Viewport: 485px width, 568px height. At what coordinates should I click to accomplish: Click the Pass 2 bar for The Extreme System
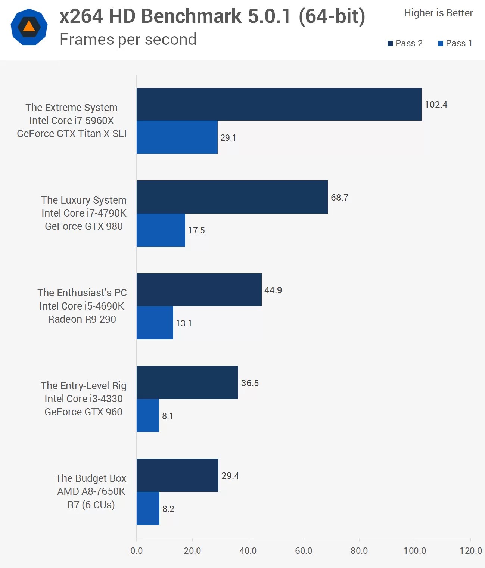[279, 104]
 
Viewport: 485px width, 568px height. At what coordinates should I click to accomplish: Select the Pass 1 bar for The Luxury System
[161, 230]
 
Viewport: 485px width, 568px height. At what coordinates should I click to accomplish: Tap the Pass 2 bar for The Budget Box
[177, 475]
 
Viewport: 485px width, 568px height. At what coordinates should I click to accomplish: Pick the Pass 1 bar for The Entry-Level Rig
[148, 416]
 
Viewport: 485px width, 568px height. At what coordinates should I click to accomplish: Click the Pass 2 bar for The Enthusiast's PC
[199, 290]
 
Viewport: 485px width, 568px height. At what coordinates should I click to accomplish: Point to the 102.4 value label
[436, 105]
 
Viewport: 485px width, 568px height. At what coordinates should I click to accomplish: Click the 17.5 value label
[196, 230]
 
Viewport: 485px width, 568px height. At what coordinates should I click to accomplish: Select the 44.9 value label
[273, 290]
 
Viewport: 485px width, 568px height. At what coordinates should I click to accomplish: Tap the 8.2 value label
[168, 509]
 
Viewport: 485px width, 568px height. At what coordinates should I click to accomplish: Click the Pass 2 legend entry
[405, 43]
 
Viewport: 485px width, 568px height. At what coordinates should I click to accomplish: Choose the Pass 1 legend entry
[455, 43]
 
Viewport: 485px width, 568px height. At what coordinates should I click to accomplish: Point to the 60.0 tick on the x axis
[304, 550]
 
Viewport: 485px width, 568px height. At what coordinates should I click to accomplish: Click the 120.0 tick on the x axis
[470, 550]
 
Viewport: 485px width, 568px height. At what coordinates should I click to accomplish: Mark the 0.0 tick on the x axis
[137, 550]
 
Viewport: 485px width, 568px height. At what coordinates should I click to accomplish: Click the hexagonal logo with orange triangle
[29, 27]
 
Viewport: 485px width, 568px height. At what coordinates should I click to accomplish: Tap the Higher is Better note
[438, 13]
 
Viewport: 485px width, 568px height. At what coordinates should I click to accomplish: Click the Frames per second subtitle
[128, 39]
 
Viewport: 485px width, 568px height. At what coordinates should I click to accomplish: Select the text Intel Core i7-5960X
[71, 121]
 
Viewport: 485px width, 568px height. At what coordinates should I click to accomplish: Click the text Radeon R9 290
[82, 319]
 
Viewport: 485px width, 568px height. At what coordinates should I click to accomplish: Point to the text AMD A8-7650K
[91, 491]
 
